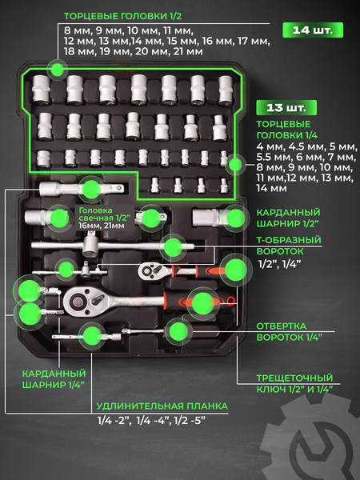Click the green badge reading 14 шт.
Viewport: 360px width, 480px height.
point(313,30)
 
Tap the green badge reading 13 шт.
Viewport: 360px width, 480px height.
point(286,107)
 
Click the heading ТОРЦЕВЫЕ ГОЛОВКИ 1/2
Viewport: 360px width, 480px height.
point(122,16)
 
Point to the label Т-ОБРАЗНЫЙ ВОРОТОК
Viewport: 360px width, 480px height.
point(289,246)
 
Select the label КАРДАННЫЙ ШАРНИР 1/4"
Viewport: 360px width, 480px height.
point(54,379)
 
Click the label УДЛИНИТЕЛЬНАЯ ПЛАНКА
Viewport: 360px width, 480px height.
point(162,406)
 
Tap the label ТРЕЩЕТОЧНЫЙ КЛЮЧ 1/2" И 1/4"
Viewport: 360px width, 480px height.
point(294,383)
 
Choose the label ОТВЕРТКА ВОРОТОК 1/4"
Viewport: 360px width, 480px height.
point(289,331)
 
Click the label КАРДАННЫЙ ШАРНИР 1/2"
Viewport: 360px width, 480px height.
point(288,218)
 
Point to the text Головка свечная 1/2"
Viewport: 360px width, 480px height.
point(104,214)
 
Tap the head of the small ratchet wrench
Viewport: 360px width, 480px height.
point(150,270)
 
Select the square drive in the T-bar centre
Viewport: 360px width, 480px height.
point(90,246)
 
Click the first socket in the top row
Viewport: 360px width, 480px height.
point(41,89)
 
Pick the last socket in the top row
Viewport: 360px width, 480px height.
point(226,90)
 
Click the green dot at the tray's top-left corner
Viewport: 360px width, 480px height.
point(57,70)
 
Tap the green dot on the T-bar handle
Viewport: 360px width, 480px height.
point(173,247)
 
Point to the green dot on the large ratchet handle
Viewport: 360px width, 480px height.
point(202,302)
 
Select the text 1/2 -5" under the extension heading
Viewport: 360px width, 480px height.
point(190,421)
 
